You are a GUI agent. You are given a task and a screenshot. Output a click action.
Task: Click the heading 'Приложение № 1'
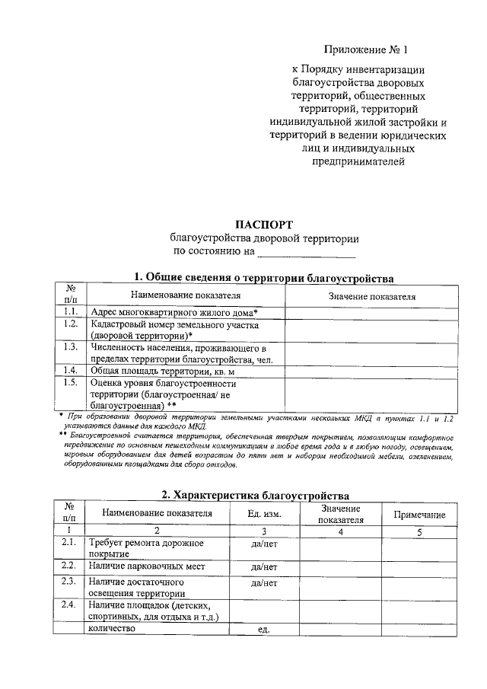click(366, 50)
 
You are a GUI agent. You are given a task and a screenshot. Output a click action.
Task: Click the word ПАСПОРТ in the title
click(265, 225)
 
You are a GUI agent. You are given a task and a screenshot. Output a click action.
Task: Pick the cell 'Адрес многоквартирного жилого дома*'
click(173, 313)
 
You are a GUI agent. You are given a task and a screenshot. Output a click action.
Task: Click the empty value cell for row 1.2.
click(371, 330)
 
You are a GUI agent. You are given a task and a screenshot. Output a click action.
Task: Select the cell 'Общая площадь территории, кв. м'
click(162, 371)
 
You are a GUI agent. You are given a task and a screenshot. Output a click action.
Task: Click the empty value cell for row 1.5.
click(371, 394)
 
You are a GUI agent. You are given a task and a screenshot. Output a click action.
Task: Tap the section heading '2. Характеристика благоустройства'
click(256, 496)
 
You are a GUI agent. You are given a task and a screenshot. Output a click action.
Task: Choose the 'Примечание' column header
click(419, 515)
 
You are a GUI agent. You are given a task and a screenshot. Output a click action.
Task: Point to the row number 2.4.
click(68, 604)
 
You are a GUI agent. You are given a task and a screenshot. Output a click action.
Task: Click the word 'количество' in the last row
click(112, 629)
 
